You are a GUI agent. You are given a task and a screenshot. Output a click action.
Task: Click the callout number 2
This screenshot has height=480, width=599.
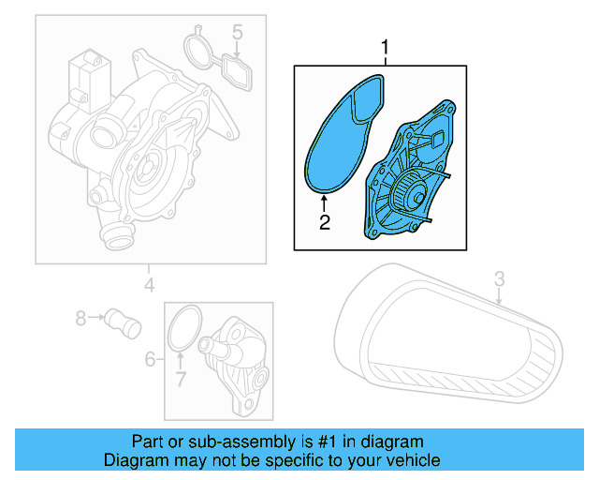[324, 222]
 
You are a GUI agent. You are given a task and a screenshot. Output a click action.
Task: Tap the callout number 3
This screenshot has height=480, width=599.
[499, 278]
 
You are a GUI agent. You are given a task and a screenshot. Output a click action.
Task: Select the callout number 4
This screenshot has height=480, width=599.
[149, 284]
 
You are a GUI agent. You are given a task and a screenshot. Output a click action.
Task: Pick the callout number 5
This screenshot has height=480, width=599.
[238, 35]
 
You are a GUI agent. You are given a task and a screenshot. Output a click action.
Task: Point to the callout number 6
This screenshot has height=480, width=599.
[150, 359]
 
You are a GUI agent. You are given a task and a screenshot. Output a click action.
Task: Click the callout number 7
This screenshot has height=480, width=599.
[181, 379]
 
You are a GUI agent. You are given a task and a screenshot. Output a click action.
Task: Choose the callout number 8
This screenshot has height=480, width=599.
[80, 319]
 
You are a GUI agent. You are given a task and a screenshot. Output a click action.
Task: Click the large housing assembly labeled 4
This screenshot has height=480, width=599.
[131, 141]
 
